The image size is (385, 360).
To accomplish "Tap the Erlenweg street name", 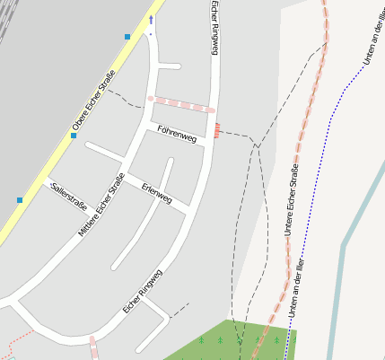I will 156,192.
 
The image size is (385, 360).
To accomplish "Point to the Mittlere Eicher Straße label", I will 101,205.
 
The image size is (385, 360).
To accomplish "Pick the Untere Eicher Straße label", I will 291,200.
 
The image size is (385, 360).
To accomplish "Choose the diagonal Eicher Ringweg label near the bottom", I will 143,291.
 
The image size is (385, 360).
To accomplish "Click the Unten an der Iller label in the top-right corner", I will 371,41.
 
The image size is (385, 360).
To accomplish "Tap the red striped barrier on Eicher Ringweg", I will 216,131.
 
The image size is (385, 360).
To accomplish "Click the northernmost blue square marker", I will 127,37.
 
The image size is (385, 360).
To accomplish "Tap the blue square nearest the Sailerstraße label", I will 20,199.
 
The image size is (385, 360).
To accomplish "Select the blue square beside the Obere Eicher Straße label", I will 74,136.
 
